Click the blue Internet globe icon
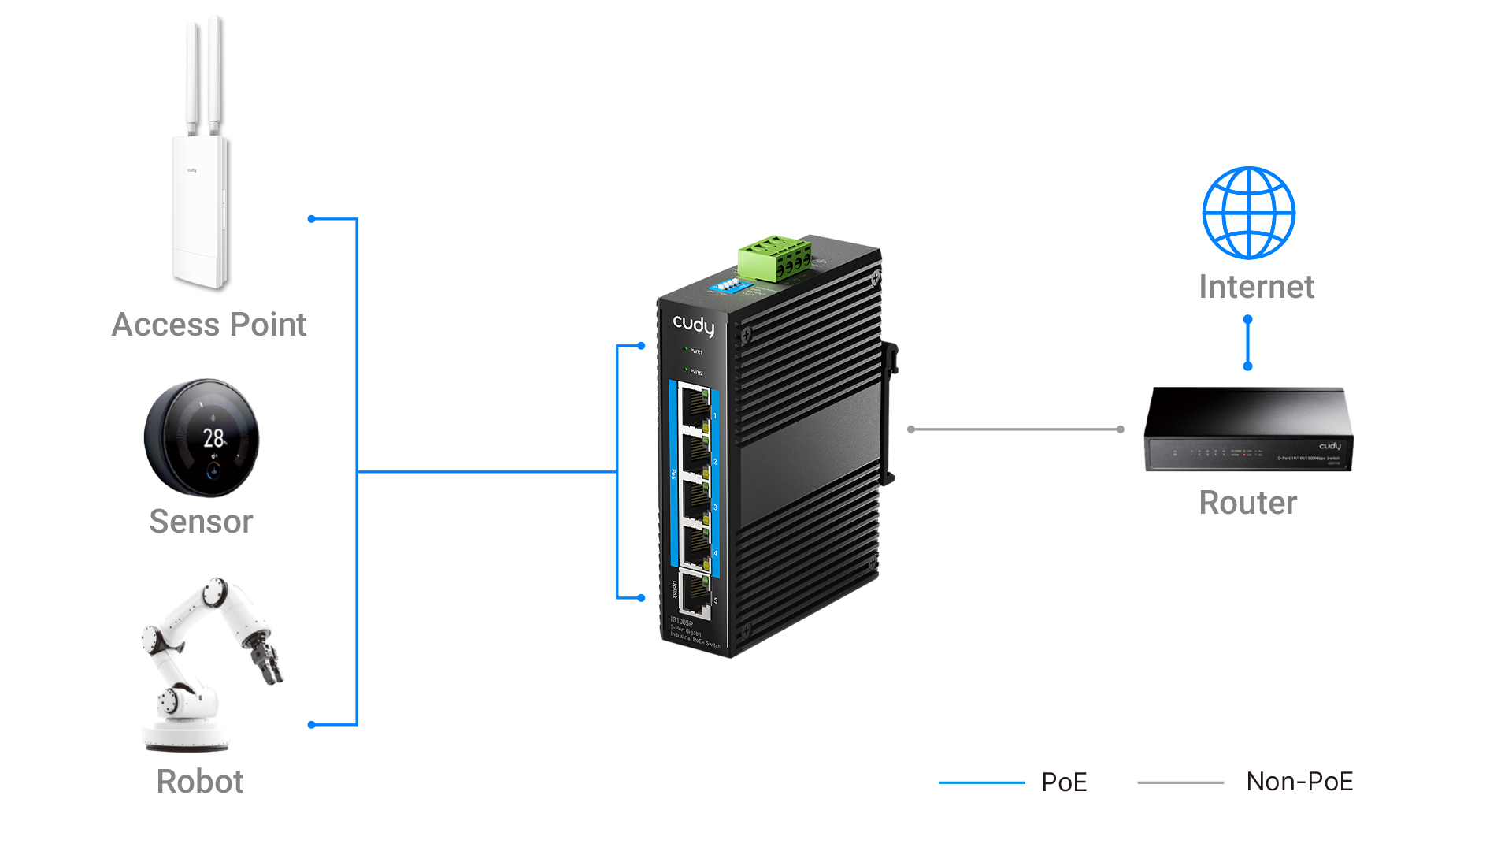[x=1248, y=213]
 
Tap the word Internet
[x=1256, y=287]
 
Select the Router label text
[x=1247, y=503]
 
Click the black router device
[x=1248, y=429]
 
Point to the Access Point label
[x=209, y=325]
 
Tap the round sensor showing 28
[x=202, y=438]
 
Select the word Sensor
[x=201, y=522]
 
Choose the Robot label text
[x=200, y=782]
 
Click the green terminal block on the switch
[x=774, y=258]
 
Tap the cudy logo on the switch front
[x=693, y=325]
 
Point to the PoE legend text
[x=1064, y=782]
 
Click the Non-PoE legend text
[x=1299, y=782]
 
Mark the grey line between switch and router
[x=1016, y=429]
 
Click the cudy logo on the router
[x=1329, y=446]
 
